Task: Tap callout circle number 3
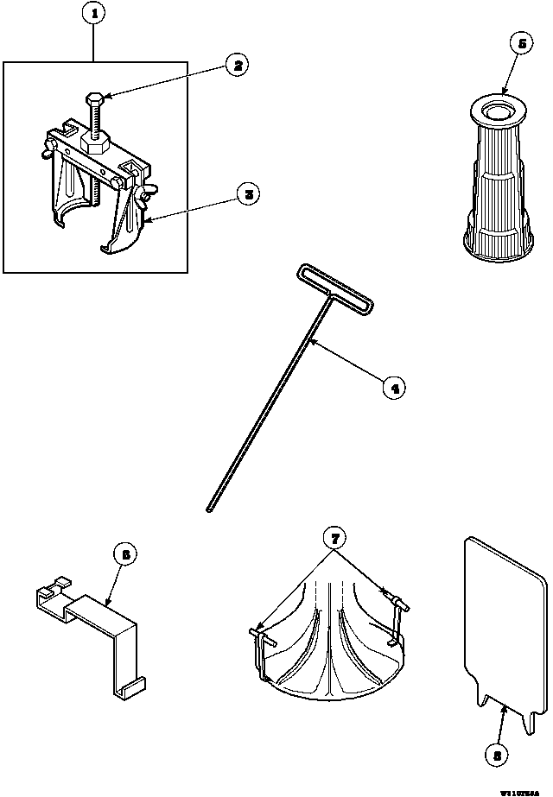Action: pyautogui.click(x=248, y=194)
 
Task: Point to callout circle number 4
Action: pyautogui.click(x=393, y=388)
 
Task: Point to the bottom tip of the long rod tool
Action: pyautogui.click(x=210, y=511)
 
